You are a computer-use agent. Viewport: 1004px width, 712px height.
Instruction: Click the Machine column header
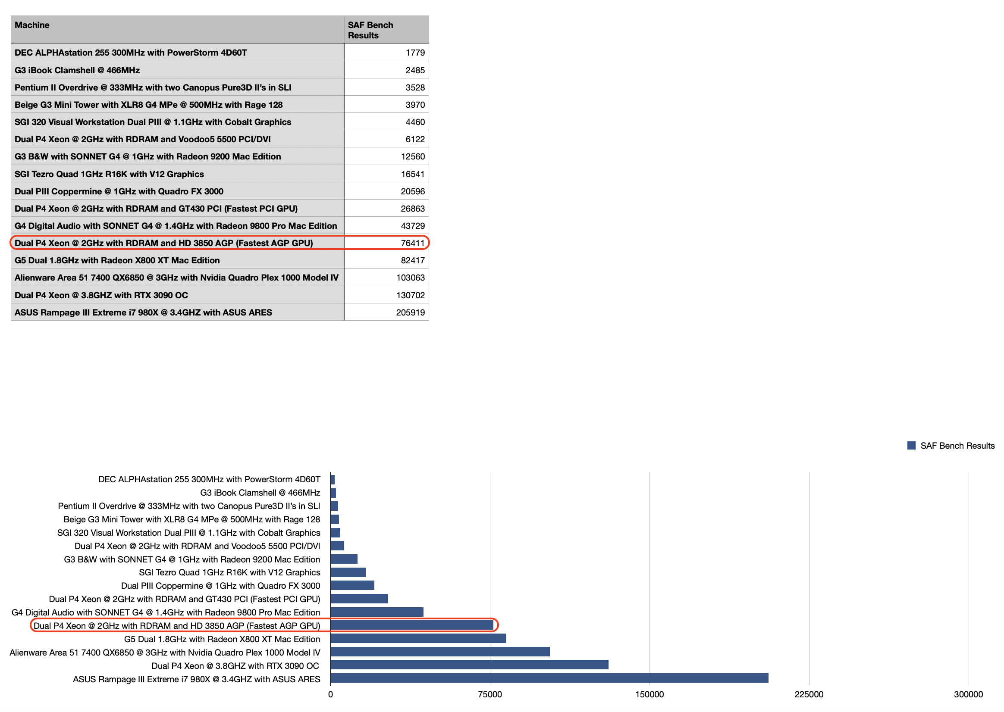[32, 25]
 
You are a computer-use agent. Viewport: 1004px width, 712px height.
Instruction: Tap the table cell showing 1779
[414, 53]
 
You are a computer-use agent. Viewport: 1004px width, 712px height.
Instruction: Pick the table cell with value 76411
[412, 244]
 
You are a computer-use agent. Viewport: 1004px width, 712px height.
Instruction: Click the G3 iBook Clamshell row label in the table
[77, 70]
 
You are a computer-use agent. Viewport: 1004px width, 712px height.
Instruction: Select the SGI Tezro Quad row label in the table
[109, 174]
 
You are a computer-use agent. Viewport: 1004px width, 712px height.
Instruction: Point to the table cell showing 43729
[412, 226]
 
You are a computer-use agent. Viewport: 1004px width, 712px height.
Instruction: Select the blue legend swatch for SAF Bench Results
[911, 446]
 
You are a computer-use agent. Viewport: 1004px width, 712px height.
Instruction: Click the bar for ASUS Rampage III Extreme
[549, 678]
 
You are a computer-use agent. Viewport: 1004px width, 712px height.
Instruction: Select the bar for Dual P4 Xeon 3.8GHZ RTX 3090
[469, 665]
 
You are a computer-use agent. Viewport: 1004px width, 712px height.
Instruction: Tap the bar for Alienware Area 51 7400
[440, 652]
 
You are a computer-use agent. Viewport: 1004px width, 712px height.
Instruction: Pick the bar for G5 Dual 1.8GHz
[418, 638]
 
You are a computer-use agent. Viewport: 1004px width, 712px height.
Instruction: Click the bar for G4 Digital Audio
[377, 612]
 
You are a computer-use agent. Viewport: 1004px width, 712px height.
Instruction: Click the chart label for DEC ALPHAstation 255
[209, 479]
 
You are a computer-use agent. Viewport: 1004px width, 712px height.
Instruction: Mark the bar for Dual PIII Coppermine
[352, 585]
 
